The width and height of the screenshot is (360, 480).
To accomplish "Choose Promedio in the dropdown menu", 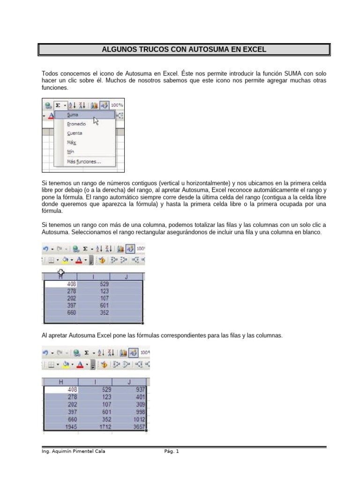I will pos(76,124).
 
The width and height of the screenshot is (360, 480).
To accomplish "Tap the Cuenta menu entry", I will pos(75,133).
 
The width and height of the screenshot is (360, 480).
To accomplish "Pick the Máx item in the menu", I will pos(71,142).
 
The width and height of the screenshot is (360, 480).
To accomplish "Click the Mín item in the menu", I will pos(71,152).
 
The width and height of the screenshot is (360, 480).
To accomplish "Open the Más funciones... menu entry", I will pos(84,162).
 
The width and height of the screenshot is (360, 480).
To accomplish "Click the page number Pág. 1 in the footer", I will pos(172,451).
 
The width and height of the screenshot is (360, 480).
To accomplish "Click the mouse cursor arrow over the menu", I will pos(96,120).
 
